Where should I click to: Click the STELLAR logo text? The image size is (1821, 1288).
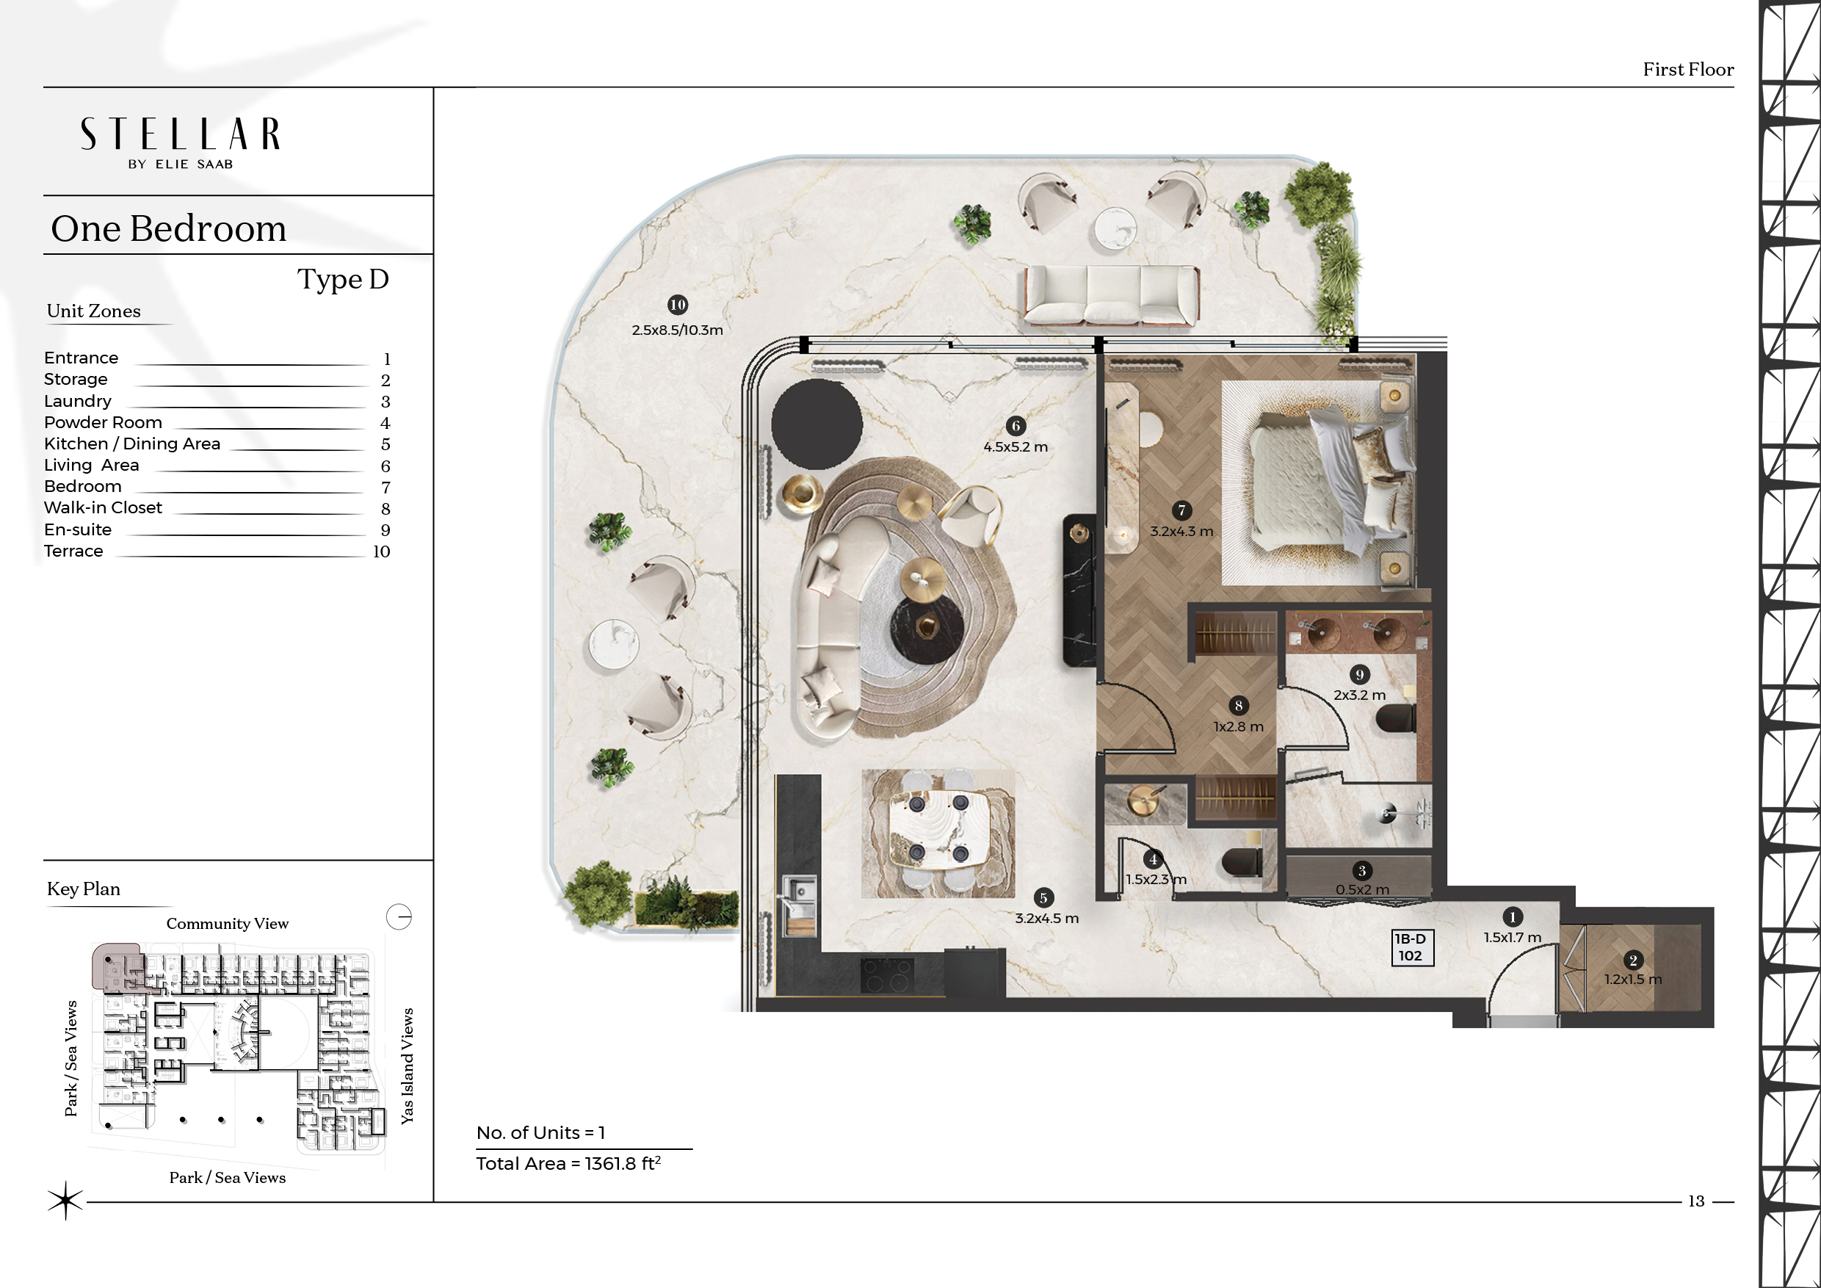(180, 134)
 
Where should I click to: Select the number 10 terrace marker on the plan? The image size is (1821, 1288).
(677, 305)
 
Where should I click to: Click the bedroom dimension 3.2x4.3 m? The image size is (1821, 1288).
(1181, 532)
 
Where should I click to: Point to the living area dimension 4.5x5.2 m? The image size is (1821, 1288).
(1016, 446)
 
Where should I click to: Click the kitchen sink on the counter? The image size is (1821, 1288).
(798, 896)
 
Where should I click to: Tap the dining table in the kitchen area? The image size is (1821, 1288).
(939, 828)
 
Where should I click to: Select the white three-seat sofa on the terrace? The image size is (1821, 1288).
(1112, 294)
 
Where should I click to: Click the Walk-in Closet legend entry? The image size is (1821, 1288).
(103, 507)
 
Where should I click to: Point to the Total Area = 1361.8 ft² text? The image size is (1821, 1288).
(568, 1163)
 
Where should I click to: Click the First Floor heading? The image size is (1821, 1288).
(1688, 70)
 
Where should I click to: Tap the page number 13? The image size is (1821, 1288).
(1695, 1201)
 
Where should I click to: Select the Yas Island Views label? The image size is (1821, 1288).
(407, 1066)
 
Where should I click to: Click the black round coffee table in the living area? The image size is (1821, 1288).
(927, 630)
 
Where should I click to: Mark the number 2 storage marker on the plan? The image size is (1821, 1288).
(1633, 960)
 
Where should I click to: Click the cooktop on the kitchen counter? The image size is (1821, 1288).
(888, 975)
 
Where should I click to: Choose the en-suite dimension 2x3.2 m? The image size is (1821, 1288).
(1359, 695)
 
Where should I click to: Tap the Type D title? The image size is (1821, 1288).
(344, 279)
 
